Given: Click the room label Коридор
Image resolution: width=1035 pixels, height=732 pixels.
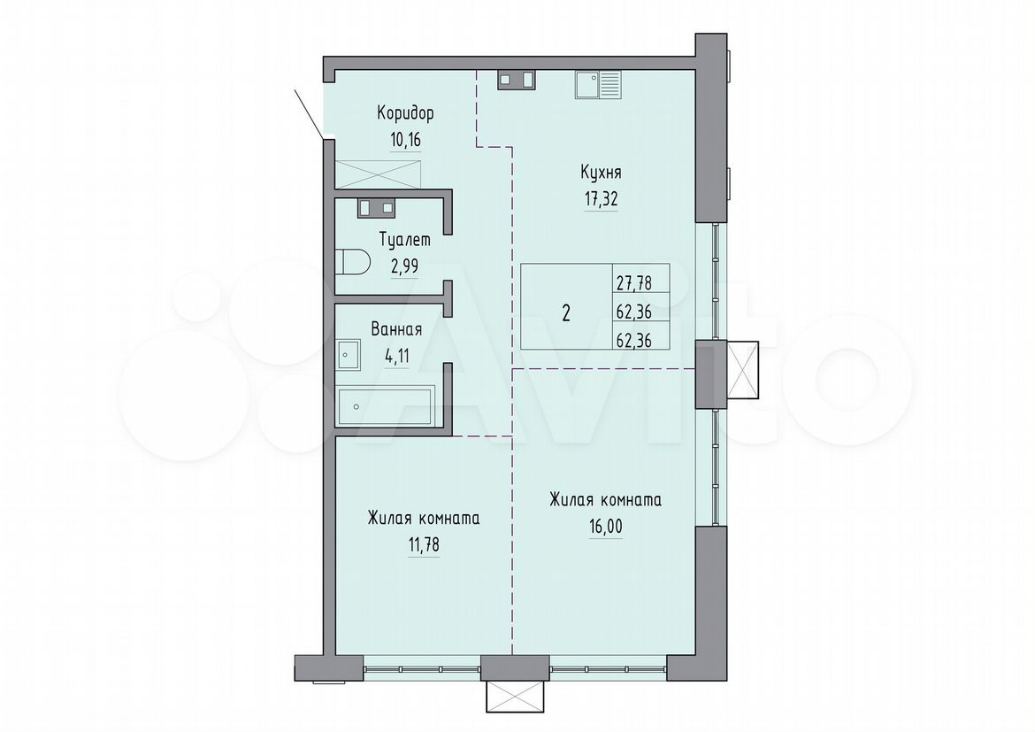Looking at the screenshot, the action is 405,113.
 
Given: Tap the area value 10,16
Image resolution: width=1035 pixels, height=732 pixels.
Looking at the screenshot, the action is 405,140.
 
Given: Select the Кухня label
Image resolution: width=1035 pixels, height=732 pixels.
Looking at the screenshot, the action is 601,173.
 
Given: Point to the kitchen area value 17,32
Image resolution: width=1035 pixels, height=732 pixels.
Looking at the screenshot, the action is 601,199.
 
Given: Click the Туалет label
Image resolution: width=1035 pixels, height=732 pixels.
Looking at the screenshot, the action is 404,239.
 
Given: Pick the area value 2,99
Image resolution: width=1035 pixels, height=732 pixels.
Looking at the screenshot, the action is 404,266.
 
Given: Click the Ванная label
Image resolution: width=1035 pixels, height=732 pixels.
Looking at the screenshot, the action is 396,329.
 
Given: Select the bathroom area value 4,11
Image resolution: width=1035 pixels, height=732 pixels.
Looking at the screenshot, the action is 396,357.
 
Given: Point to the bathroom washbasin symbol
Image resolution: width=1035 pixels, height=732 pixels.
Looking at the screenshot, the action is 348,356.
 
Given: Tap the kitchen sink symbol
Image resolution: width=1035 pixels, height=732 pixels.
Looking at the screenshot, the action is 597,85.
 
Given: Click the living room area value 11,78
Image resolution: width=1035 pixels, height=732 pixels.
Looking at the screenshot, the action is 424,546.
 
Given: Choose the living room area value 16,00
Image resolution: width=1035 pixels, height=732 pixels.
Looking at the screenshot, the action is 605,528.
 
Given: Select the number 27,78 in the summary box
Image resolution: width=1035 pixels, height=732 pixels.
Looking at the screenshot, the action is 633,283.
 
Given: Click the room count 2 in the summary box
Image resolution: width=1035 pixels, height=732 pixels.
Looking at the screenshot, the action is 566,312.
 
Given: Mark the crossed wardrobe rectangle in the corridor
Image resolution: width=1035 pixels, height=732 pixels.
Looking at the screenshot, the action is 378,173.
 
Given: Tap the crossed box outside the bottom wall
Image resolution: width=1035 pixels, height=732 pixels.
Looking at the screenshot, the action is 514,697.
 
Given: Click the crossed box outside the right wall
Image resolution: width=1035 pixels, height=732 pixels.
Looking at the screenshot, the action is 742,370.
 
